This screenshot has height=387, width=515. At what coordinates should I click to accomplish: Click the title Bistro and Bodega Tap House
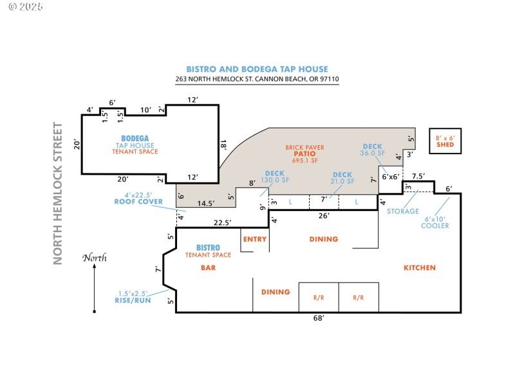[257, 69]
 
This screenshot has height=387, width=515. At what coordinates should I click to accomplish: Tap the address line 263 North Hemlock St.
[257, 79]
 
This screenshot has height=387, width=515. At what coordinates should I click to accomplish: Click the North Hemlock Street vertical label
[58, 193]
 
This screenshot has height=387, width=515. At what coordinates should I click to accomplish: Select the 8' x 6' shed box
[445, 141]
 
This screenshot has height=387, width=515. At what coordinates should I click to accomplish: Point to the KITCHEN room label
[419, 268]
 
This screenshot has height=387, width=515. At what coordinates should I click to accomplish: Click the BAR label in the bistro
[208, 267]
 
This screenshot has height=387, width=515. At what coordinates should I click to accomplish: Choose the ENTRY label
[254, 239]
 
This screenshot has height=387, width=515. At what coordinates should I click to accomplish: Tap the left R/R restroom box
[319, 297]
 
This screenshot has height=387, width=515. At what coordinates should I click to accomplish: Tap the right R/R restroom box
[359, 297]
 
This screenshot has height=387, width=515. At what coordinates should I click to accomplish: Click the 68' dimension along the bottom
[318, 318]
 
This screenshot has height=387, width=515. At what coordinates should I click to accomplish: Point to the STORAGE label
[402, 211]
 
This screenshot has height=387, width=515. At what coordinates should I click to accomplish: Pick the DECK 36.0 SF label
[372, 150]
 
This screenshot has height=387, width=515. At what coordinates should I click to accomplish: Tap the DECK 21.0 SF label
[342, 178]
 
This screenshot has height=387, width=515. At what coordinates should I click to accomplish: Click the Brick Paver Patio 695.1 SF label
[304, 154]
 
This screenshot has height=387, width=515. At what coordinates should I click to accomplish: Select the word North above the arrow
[94, 258]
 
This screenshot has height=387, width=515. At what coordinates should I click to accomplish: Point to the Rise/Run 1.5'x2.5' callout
[133, 296]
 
